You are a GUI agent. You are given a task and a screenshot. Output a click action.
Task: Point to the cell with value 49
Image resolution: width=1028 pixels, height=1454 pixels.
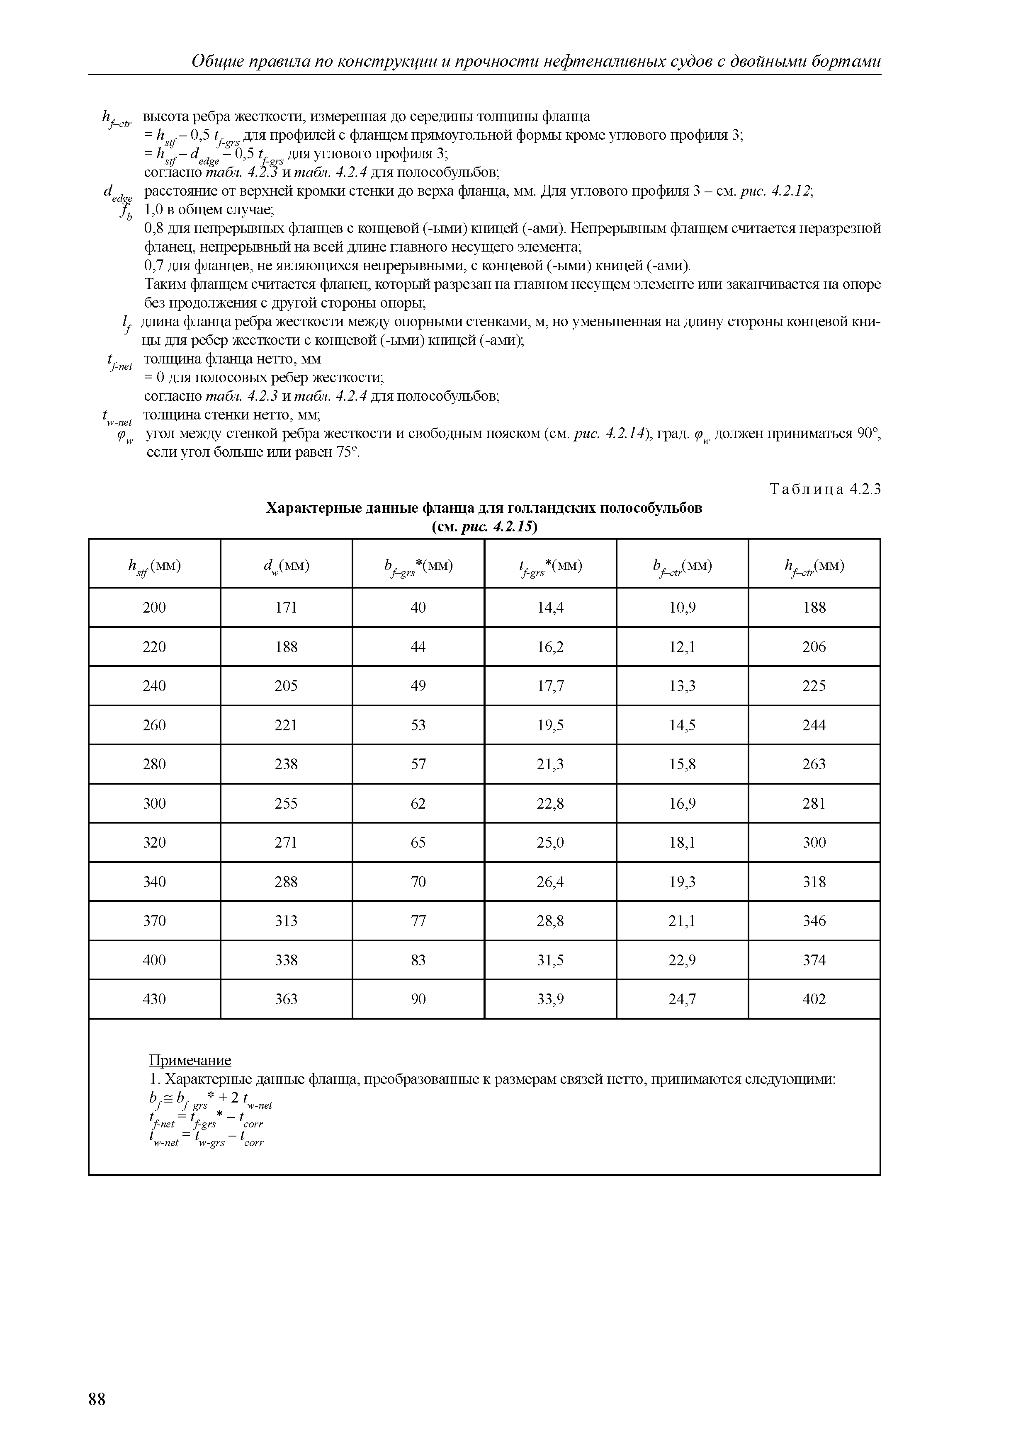[x=418, y=686]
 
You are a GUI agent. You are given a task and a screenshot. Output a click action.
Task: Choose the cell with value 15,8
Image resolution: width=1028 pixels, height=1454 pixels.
[x=682, y=764]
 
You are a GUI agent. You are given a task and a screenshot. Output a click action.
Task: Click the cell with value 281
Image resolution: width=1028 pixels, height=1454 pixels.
[x=814, y=804]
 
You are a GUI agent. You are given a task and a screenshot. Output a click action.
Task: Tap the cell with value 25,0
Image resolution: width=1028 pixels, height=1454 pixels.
[x=550, y=843]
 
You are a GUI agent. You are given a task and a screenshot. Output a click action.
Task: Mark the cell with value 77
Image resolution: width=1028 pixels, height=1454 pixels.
[x=418, y=921]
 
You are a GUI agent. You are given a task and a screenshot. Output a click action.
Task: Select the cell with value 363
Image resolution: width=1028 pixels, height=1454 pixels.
[x=286, y=999]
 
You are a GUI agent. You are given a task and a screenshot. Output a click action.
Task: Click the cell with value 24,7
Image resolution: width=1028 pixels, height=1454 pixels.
[x=682, y=999]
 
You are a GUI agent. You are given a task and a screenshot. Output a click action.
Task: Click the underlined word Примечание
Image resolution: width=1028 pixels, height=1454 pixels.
[x=190, y=1060]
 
